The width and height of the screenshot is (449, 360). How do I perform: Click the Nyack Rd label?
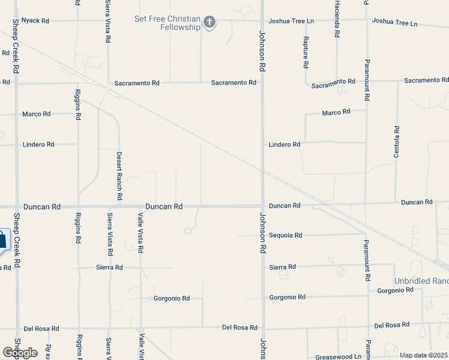coord(35,20)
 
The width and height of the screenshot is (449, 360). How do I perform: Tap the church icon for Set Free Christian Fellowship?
coord(209,23)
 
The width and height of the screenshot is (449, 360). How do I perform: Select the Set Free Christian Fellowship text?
coord(167,23)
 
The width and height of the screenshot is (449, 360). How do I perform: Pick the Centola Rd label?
coord(397,142)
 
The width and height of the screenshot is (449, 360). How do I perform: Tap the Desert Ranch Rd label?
coord(119,175)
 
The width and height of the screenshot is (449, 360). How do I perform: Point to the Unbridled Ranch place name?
coord(421,281)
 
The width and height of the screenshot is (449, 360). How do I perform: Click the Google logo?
coord(20,352)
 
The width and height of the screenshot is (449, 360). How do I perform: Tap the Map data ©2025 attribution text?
coord(423,355)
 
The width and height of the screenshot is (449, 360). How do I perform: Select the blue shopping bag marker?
coord(2,241)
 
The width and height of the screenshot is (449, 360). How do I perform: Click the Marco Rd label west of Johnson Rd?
coord(37,113)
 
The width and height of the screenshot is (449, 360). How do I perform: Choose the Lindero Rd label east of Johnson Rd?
coord(284,145)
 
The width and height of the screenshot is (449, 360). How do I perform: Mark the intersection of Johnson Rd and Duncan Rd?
coord(262,206)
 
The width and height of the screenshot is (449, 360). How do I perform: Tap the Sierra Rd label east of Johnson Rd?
coord(283,267)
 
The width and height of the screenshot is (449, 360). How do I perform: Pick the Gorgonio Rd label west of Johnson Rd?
coord(172,298)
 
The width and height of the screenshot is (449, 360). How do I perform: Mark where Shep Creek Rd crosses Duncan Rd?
coord(17,206)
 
